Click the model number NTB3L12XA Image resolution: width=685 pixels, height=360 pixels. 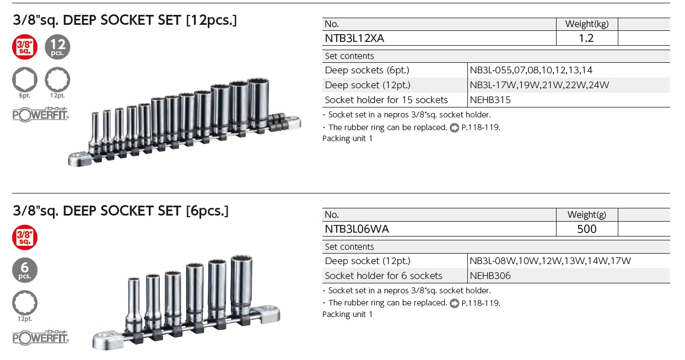(x=354, y=38)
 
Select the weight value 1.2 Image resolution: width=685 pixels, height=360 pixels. (x=586, y=38)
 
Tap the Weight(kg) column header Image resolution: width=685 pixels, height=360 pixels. (x=587, y=24)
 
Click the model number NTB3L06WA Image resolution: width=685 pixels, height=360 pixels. (x=357, y=229)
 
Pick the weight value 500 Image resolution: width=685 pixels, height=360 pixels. (x=586, y=229)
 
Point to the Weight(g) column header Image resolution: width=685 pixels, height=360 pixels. (x=587, y=214)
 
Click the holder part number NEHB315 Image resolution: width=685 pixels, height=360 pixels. (x=490, y=100)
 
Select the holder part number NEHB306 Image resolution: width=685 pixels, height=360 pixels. (x=490, y=276)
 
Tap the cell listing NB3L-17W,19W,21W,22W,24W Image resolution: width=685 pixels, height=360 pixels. (x=540, y=85)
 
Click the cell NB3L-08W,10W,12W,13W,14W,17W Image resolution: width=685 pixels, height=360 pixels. (x=550, y=261)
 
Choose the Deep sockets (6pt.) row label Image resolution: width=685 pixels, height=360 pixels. (x=367, y=70)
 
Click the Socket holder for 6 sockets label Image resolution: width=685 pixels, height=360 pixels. (x=384, y=276)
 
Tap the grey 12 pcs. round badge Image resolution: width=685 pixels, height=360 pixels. (x=57, y=47)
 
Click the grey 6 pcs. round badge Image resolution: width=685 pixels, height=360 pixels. (x=25, y=270)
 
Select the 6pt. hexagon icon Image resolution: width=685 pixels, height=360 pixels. (x=25, y=79)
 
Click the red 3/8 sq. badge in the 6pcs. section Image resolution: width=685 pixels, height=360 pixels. (x=25, y=238)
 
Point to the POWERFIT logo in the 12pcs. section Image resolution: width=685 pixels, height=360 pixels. (x=41, y=114)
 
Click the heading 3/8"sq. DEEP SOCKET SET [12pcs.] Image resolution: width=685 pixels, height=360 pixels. (x=125, y=20)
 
